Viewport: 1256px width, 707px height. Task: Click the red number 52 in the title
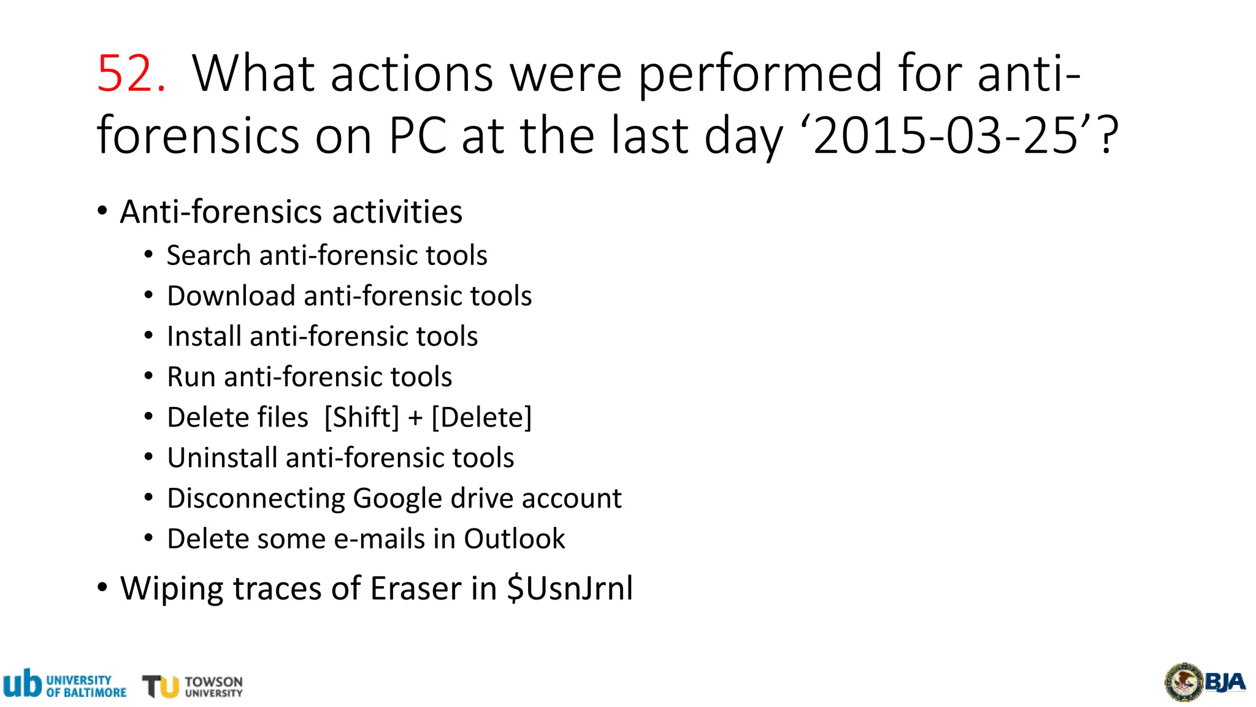tap(131, 74)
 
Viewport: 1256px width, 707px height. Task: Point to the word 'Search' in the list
tap(209, 255)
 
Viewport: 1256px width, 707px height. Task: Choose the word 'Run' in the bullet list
tap(191, 377)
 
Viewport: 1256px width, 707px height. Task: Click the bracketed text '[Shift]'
tap(362, 417)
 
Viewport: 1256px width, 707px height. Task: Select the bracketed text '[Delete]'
tap(481, 417)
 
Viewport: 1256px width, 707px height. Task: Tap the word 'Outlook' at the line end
tap(514, 539)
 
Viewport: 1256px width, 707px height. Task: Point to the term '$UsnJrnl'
tap(570, 589)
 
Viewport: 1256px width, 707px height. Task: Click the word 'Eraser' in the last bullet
tap(416, 589)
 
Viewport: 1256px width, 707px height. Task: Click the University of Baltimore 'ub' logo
tap(23, 684)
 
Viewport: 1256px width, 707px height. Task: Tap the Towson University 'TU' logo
tap(161, 686)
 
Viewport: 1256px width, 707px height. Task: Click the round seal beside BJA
tap(1184, 682)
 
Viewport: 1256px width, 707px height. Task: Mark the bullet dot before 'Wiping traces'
tap(102, 587)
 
